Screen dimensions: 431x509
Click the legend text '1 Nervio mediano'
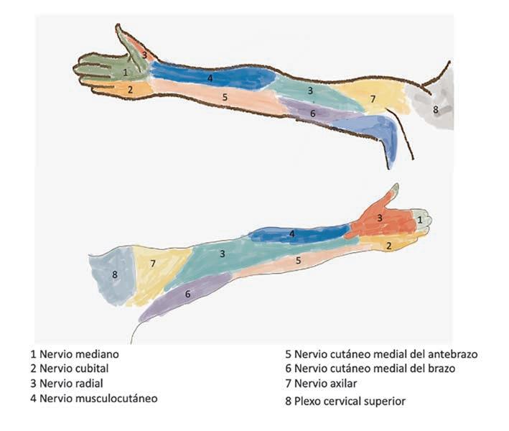click(x=75, y=355)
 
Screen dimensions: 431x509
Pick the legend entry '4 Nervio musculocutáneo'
click(x=93, y=398)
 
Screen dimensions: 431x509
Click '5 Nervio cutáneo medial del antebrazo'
click(x=380, y=354)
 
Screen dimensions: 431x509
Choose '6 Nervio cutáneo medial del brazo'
click(x=369, y=369)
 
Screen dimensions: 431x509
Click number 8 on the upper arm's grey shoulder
click(x=435, y=109)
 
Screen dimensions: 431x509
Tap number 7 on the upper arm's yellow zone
click(x=373, y=98)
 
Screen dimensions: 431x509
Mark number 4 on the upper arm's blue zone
click(x=210, y=78)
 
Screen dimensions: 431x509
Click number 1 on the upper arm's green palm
click(x=125, y=72)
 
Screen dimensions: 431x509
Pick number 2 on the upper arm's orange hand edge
click(x=130, y=90)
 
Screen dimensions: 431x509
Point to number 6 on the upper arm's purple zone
click(x=313, y=113)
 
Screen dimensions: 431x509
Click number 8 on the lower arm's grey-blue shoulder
click(x=114, y=274)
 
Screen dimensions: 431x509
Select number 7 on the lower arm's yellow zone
click(x=153, y=264)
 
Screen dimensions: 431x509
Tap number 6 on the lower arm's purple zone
click(x=187, y=294)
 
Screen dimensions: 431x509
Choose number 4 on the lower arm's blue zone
click(x=291, y=233)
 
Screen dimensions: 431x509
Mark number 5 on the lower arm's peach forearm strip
click(x=298, y=260)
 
